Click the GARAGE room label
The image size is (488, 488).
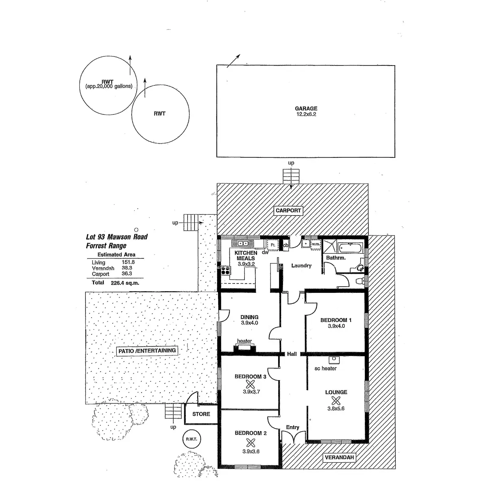click(306, 109)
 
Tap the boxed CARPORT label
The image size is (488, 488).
click(288, 210)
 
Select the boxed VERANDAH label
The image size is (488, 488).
click(339, 457)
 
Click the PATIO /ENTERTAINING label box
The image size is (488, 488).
click(147, 351)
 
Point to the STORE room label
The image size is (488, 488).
click(201, 414)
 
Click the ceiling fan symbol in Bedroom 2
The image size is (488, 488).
click(251, 442)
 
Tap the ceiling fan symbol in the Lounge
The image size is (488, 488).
click(335, 400)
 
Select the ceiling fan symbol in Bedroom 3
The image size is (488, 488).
click(250, 384)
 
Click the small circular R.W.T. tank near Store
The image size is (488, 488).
click(192, 439)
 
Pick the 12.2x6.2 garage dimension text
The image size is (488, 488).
click(306, 114)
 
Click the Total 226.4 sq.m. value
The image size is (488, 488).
click(125, 283)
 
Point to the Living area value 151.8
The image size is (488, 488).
click(128, 262)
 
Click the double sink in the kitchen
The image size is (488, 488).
click(243, 244)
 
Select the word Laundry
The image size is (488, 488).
click(301, 266)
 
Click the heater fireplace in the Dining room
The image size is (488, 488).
click(244, 348)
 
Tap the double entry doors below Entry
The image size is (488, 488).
click(293, 438)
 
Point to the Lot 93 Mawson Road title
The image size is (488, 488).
click(117, 237)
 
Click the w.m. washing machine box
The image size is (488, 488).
click(316, 244)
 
